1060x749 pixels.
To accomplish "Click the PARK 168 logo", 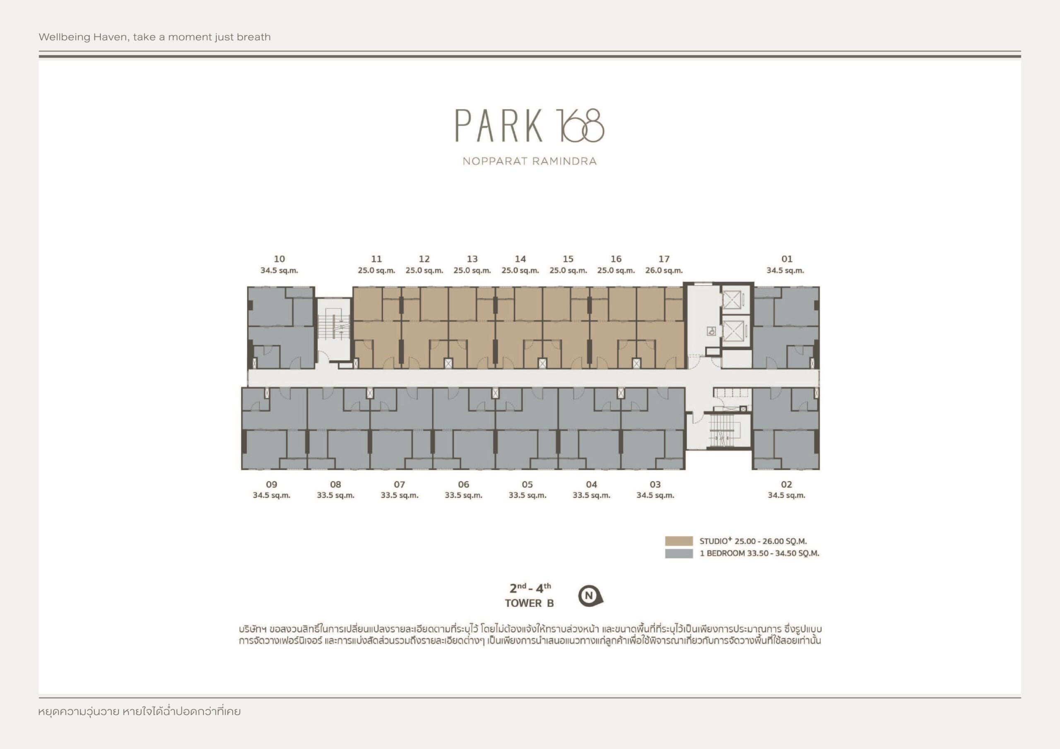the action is [x=530, y=125].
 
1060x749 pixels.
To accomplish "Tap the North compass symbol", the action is [x=590, y=596].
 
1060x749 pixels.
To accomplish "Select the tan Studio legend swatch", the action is [x=679, y=541].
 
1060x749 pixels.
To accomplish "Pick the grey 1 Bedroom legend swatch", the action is [x=679, y=553].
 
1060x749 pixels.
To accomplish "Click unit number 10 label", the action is [x=279, y=259].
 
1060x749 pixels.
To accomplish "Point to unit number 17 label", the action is [x=664, y=259].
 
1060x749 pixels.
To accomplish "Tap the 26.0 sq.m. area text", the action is [x=664, y=271].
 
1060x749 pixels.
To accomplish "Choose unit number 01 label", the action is [x=787, y=259].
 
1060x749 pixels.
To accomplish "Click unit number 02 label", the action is [x=786, y=485].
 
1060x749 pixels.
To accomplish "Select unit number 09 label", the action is [x=272, y=485].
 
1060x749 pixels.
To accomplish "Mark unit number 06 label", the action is [x=463, y=485].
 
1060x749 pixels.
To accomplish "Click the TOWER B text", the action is [x=529, y=603].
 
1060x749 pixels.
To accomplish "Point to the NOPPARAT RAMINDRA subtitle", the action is [x=530, y=161].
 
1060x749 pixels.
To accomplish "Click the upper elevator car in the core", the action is [x=732, y=300].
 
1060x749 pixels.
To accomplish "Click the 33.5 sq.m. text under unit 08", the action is [x=336, y=496].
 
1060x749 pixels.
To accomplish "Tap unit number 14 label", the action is [x=520, y=259].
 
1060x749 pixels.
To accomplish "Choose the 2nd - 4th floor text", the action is [x=530, y=588].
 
